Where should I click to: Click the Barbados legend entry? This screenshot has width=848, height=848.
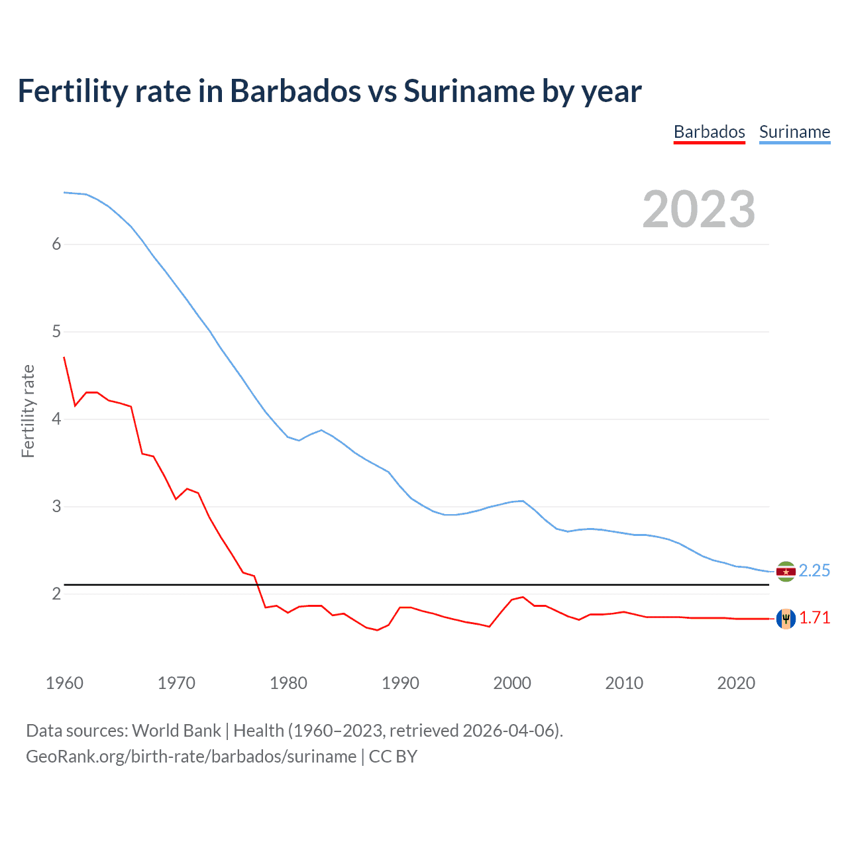709,132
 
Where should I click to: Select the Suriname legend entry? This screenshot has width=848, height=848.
794,132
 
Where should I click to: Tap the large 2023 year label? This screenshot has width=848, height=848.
698,209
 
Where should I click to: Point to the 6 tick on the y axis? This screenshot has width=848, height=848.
56,244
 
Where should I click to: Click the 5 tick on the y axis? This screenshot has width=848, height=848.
56,332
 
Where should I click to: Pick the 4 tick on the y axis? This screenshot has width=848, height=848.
56,419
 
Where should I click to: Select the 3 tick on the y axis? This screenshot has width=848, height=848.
56,507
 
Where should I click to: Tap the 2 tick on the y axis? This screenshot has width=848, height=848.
56,594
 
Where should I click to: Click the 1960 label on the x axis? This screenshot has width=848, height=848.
64,683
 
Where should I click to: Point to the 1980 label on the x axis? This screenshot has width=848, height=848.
288,683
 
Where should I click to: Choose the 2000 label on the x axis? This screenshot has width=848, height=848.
512,683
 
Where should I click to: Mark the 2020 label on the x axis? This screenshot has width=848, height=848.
736,683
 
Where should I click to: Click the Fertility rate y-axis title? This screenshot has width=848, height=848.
28,411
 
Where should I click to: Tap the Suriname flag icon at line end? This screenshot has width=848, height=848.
786,571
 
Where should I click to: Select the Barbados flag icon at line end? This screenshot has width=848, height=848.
786,618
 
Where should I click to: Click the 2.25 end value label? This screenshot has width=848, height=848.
814,571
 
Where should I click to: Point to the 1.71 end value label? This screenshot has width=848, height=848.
814,618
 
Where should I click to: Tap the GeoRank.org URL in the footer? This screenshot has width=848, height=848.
191,757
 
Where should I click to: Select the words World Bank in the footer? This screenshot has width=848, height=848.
176,731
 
